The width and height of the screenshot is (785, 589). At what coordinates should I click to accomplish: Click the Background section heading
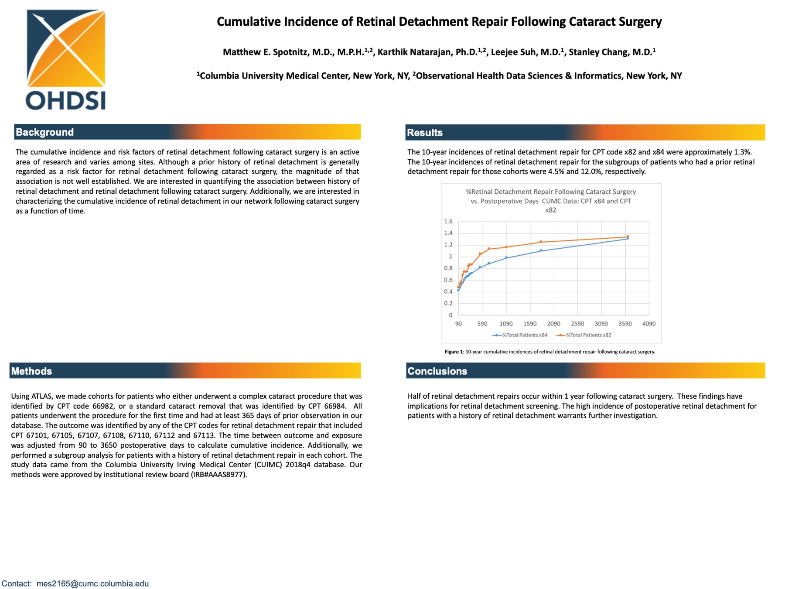pos(44,132)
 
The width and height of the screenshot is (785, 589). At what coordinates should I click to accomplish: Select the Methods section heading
pos(31,371)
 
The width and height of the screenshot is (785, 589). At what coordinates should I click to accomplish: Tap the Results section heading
pos(425,133)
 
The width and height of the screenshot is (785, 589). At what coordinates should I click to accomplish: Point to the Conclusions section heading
pos(437,371)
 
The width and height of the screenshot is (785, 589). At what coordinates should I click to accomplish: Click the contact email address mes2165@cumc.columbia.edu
pos(92,584)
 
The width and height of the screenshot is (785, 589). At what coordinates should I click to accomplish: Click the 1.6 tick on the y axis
pos(448,222)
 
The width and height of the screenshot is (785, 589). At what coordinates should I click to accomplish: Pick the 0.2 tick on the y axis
pos(448,303)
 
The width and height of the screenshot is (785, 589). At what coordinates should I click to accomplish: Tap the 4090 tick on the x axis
pos(649,324)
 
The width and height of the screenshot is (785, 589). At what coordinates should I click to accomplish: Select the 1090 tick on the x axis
pos(506,324)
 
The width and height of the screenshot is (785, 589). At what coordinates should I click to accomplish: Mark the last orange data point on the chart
pos(628,236)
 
